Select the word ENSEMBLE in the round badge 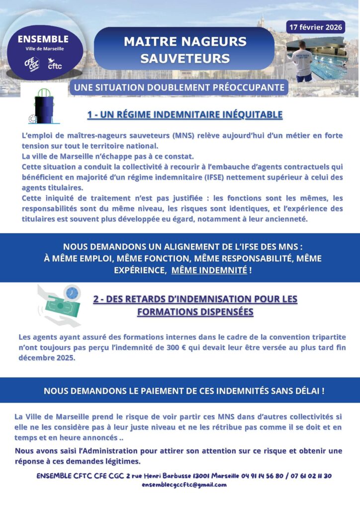[43, 39]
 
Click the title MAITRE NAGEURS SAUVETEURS [184, 49]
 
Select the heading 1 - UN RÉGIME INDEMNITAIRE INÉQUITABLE [184, 115]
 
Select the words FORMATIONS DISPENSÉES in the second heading [195, 312]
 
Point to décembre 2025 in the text [46, 358]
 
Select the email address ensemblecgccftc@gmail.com [184, 485]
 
